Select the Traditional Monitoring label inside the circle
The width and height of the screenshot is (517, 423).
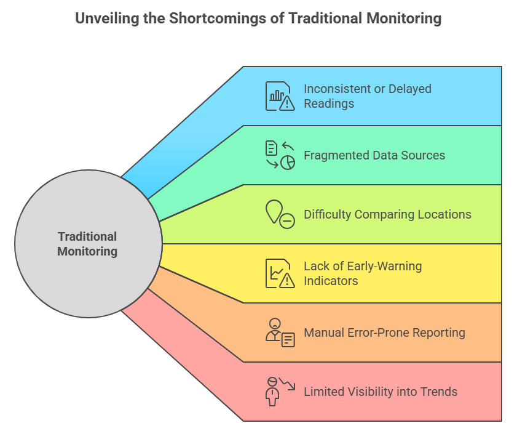click(87, 244)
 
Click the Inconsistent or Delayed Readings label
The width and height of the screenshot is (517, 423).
click(367, 96)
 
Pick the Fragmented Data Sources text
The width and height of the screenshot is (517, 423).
click(374, 155)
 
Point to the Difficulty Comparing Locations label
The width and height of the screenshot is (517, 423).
click(387, 214)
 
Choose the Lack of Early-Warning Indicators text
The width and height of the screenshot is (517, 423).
click(363, 273)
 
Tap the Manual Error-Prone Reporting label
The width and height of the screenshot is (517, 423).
click(384, 332)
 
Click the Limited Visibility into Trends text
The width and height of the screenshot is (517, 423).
click(381, 392)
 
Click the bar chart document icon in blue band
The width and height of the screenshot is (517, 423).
click(280, 96)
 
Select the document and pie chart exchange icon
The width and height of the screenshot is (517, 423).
click(280, 155)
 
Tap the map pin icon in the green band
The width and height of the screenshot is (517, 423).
click(274, 211)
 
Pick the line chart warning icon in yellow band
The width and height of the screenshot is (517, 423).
click(280, 273)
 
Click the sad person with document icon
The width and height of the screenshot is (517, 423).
click(280, 332)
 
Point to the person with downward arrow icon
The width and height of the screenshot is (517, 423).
click(280, 392)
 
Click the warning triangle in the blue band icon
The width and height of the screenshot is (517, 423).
click(287, 103)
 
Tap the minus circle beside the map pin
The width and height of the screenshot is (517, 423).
click(287, 220)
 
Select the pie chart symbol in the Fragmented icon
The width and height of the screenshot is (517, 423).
click(288, 163)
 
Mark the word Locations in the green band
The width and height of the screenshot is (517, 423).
click(445, 214)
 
